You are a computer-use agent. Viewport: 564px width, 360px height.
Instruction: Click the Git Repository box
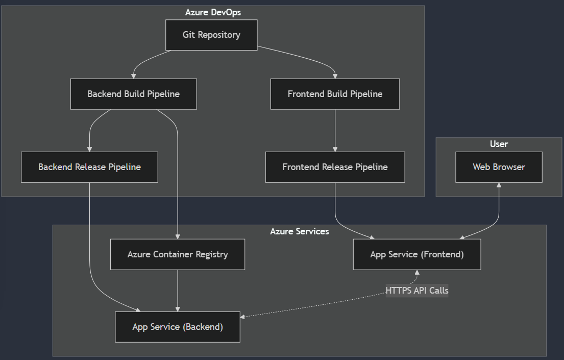[x=211, y=35]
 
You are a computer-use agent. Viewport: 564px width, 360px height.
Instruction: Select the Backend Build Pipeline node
[x=133, y=94]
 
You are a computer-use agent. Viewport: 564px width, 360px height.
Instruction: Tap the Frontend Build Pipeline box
[x=335, y=94]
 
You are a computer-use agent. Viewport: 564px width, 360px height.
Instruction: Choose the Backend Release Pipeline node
[x=89, y=167]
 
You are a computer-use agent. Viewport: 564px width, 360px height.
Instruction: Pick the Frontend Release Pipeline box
[x=335, y=167]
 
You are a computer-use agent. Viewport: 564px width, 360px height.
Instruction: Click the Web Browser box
[x=499, y=167]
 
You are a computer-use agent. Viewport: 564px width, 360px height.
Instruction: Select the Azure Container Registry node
[x=178, y=254]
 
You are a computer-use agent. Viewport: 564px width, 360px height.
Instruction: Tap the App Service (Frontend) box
[x=417, y=254]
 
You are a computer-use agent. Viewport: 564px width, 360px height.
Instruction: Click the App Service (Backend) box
[x=178, y=327]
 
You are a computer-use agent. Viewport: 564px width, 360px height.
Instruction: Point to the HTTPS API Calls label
[x=417, y=291]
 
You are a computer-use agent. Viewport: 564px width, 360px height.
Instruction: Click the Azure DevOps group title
[x=213, y=12]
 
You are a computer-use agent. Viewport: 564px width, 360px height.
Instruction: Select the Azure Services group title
[x=300, y=231]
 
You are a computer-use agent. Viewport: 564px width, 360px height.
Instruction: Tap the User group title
[x=499, y=144]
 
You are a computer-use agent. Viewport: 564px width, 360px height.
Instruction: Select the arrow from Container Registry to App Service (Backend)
[x=178, y=290]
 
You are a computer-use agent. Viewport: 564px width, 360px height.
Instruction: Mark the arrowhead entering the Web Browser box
[x=499, y=185]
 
